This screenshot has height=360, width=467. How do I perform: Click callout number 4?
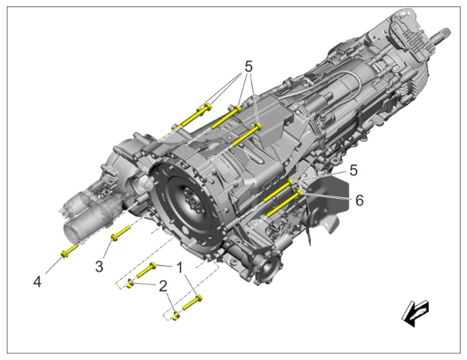pos(37,282)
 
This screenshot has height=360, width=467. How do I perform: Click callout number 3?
pos(99,266)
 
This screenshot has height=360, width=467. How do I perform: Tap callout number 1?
pos(180,268)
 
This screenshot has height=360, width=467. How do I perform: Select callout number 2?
pos(163,286)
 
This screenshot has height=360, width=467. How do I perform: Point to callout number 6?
pos(360,201)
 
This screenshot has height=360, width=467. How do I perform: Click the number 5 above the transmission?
pos(248,67)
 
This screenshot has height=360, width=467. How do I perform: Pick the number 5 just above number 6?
pos(353,171)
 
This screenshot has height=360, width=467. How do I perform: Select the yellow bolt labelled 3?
pos(121,233)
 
